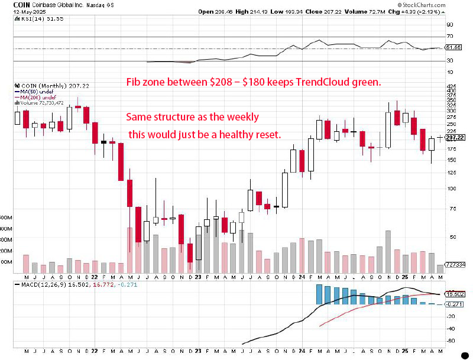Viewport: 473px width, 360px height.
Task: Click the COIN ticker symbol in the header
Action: coord(9,4)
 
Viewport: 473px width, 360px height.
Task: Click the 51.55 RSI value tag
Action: coord(453,47)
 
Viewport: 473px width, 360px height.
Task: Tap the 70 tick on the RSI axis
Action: coord(450,37)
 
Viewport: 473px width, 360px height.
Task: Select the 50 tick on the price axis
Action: coord(450,236)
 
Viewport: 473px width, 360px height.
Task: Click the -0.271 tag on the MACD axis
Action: coord(454,304)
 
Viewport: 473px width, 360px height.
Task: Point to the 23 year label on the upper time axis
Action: coord(197,276)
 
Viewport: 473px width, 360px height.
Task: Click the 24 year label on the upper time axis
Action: coord(302,276)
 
